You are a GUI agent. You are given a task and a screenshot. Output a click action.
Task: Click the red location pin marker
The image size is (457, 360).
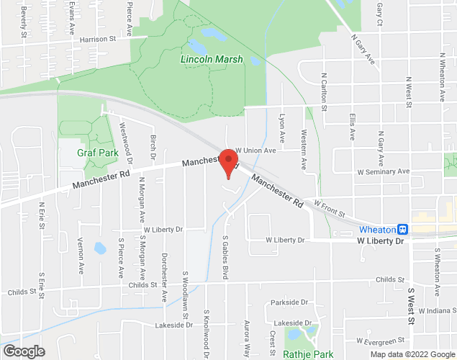click(x=228, y=162)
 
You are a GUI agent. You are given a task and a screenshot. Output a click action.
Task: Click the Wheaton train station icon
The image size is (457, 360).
click(x=403, y=229)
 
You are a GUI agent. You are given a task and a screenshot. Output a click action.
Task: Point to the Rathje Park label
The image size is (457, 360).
click(x=309, y=354)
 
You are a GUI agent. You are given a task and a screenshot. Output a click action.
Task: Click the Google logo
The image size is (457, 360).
click(x=23, y=351)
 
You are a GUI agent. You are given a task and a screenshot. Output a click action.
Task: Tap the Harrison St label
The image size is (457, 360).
click(x=98, y=39)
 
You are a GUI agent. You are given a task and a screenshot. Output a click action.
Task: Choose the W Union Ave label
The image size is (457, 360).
click(x=255, y=150)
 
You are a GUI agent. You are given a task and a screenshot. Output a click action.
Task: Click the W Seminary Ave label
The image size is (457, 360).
click(x=384, y=172)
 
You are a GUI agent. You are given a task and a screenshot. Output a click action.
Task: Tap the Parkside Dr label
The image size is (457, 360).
click(x=289, y=302)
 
